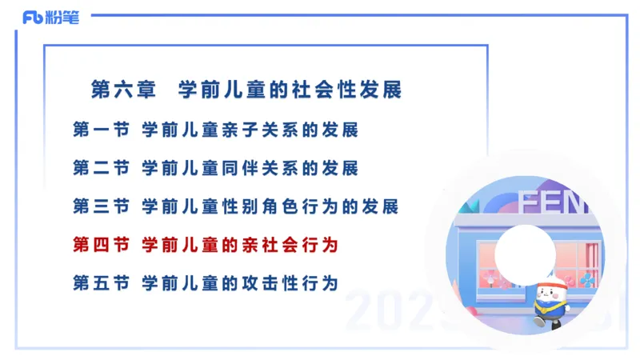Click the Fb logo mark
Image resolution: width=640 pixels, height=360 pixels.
[33, 18]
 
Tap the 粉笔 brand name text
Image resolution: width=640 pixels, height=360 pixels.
[63, 18]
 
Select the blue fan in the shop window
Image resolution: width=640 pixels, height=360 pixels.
[588, 279]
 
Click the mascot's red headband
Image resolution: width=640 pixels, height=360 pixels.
[551, 282]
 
